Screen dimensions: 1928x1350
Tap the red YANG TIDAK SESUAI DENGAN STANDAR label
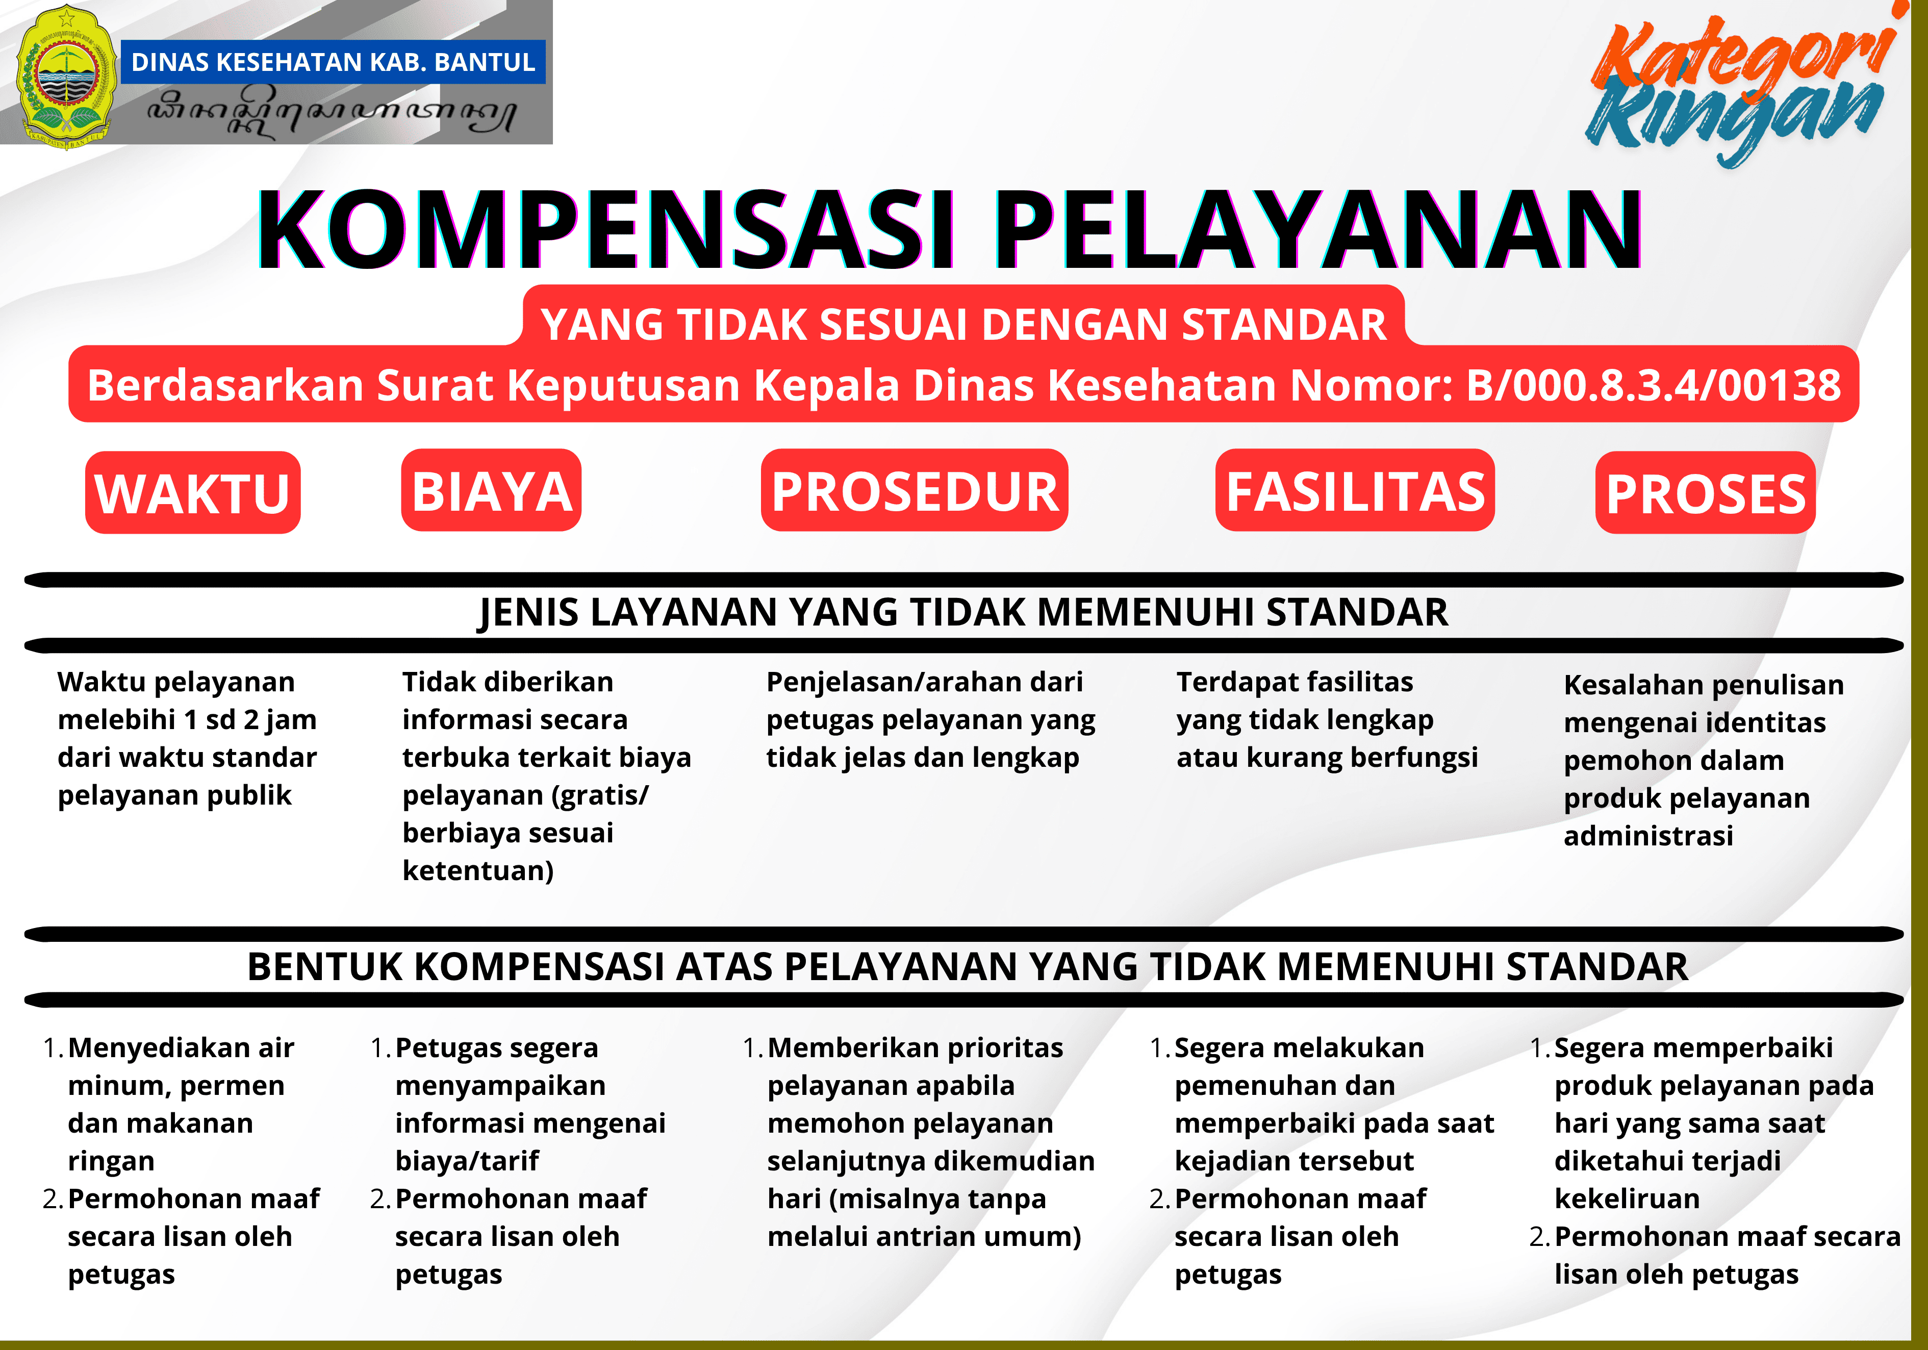tap(963, 324)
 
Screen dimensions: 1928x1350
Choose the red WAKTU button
tap(192, 492)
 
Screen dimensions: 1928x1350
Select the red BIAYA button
tap(491, 491)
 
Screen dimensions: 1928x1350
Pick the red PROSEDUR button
tap(915, 491)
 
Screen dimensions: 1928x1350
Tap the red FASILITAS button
tap(1355, 491)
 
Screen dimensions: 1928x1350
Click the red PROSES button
tap(1706, 492)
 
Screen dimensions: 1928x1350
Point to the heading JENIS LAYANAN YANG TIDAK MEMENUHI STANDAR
tap(963, 612)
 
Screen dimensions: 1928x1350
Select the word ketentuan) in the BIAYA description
tap(478, 871)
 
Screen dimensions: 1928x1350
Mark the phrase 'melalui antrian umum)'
tap(924, 1237)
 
